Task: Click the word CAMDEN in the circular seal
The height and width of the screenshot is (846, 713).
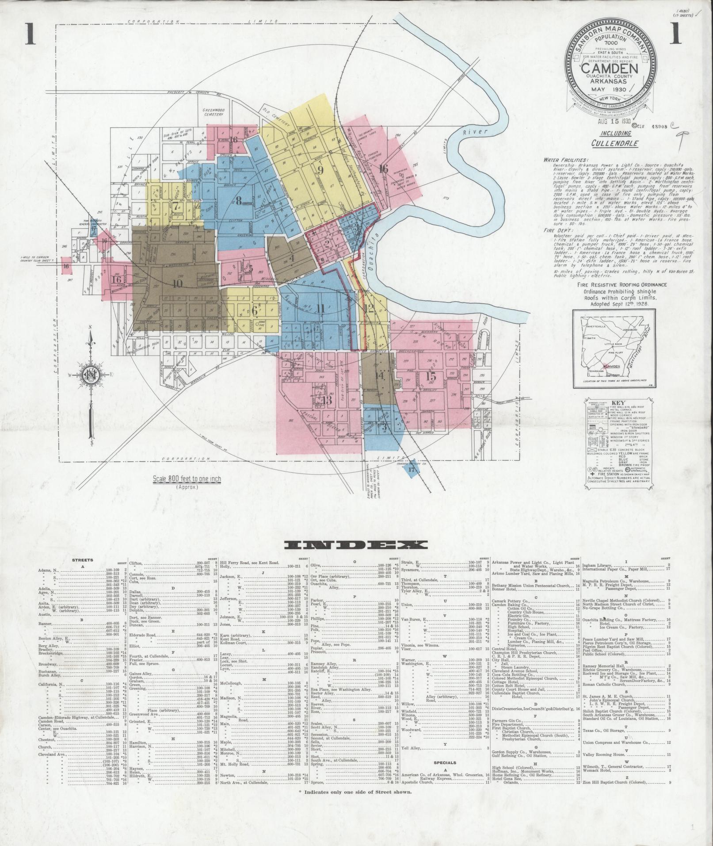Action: [609, 69]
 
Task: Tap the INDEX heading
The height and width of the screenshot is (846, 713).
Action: [355, 544]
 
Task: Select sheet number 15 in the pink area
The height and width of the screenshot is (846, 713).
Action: [431, 377]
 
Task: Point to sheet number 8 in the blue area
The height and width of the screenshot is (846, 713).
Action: [239, 201]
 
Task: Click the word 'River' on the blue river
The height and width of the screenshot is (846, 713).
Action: [479, 132]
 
